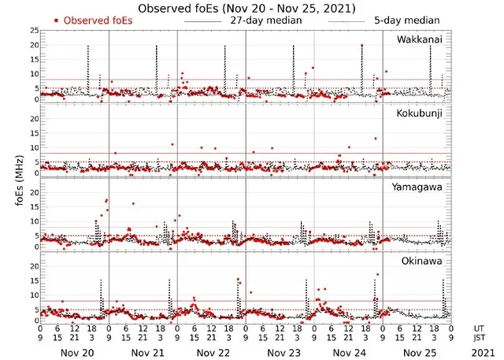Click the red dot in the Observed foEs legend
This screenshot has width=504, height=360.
point(57,20)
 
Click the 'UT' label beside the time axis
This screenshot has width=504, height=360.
point(480,328)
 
